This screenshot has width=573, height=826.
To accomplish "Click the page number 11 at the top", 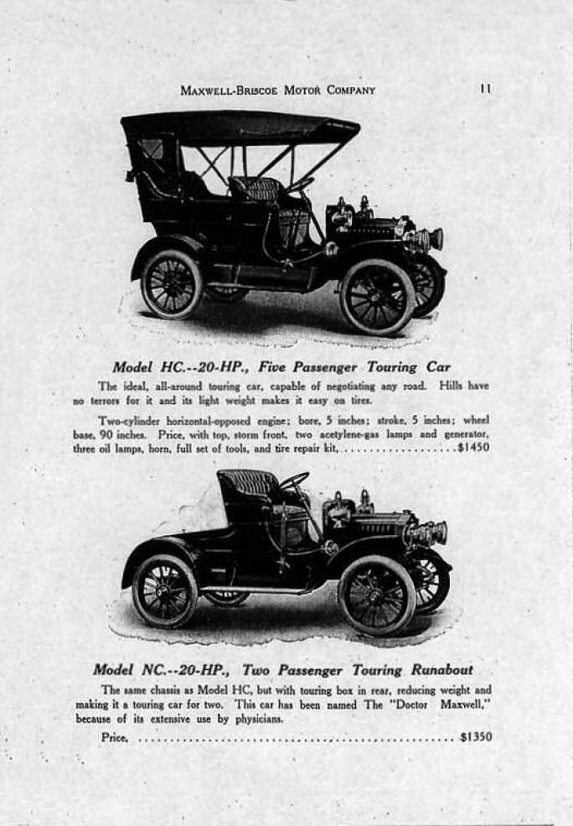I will (485, 89).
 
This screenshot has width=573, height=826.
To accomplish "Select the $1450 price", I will (472, 448).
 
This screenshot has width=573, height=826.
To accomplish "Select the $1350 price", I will (476, 737).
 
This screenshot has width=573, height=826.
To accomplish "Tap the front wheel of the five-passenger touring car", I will (376, 297).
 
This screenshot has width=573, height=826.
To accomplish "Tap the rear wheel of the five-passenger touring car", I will (171, 283).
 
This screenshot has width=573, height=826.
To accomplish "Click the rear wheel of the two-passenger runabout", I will (164, 590).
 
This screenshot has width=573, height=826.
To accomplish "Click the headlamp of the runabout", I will (426, 533).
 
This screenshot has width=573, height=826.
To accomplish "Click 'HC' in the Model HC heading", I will (171, 366).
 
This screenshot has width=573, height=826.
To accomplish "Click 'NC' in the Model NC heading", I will (152, 669).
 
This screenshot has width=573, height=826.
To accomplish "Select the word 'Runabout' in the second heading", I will (441, 669).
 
